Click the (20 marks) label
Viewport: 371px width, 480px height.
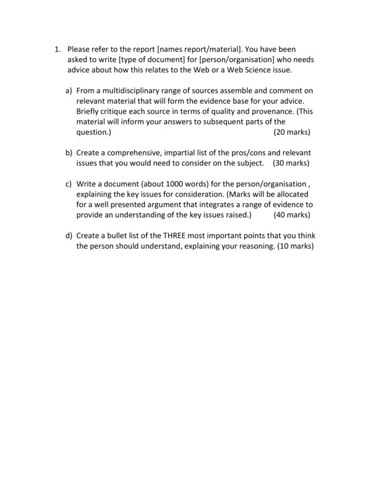point(291,133)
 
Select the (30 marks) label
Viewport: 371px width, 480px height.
point(291,163)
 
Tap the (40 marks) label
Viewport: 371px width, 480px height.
point(291,215)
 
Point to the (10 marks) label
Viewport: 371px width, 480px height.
point(295,246)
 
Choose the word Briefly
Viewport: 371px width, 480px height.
point(90,112)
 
